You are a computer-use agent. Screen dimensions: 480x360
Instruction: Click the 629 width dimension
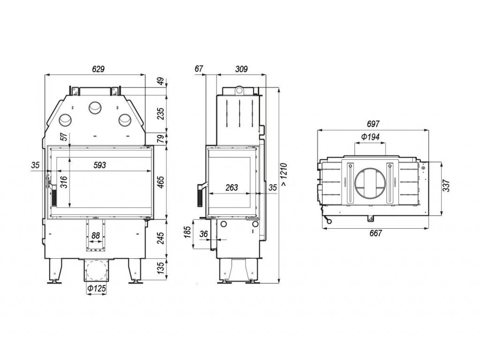point(98,69)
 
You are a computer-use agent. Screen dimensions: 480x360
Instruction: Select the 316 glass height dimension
point(64,182)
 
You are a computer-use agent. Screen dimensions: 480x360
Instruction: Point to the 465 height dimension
point(161,182)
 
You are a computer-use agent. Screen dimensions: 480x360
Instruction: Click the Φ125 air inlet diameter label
point(96,290)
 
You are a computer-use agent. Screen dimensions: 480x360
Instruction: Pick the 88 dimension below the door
point(96,235)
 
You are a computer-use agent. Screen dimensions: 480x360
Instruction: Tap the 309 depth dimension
point(241,69)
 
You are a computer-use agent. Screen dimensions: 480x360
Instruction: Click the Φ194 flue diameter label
point(370,138)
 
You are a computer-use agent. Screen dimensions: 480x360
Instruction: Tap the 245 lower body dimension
point(161,239)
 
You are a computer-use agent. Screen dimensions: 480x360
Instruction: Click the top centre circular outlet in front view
point(95,108)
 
